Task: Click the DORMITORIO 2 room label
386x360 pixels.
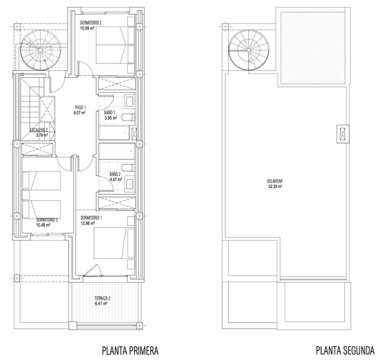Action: tap(91, 23)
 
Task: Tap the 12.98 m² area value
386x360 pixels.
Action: tap(88, 223)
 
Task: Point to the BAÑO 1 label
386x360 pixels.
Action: tap(110, 112)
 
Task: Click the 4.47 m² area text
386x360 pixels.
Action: tap(116, 180)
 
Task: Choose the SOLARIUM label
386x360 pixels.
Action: tap(274, 181)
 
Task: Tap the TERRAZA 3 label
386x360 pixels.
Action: tap(103, 298)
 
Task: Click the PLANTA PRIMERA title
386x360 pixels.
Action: tap(130, 351)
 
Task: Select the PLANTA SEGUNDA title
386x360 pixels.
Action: tap(345, 351)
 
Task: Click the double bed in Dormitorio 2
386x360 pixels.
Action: tap(111, 45)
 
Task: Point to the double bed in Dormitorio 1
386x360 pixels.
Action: tap(111, 243)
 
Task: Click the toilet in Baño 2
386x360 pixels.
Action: tap(129, 167)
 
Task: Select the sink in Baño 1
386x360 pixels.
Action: tap(130, 100)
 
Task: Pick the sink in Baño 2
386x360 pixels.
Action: tap(130, 182)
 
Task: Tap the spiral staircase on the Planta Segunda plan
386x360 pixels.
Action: tap(249, 50)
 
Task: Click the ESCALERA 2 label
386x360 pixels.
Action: tap(39, 130)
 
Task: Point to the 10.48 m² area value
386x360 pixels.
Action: tap(43, 225)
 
